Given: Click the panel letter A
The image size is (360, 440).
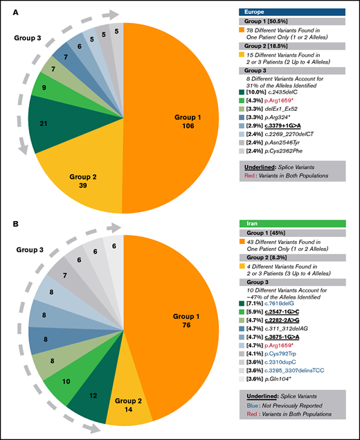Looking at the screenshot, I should [8, 9].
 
